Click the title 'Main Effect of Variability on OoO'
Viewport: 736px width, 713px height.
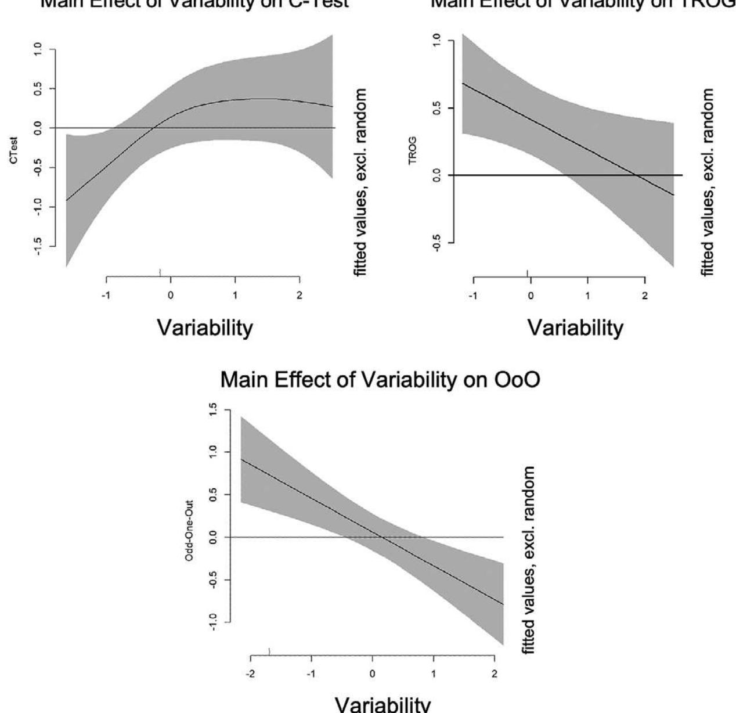point(380,380)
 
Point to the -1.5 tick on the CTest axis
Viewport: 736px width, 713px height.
point(38,246)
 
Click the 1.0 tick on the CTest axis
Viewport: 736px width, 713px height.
point(38,49)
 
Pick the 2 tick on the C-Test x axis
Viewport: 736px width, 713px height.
point(300,295)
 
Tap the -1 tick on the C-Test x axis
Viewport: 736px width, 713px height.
point(107,295)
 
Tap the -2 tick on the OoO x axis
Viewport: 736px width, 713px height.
point(251,674)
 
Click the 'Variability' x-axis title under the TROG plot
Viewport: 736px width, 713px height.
point(575,328)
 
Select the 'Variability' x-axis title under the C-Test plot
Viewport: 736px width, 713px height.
point(205,328)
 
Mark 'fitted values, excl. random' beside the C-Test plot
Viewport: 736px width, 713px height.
point(361,182)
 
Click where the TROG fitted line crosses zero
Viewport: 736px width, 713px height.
point(636,175)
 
